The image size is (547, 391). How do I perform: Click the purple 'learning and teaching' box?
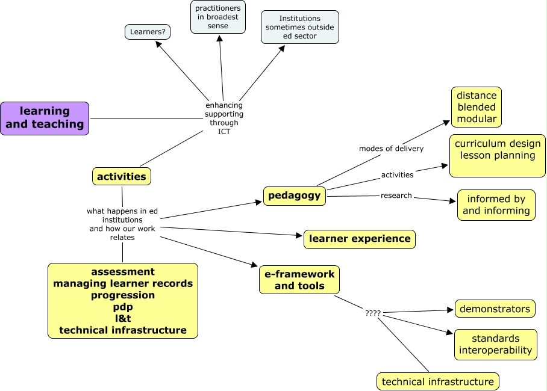tap(45, 118)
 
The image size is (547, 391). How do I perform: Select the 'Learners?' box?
tap(148, 31)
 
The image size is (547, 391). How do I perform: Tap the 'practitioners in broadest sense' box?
tap(218, 17)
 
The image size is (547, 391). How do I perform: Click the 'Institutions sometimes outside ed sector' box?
tap(299, 27)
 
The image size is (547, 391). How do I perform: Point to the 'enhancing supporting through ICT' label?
tap(224, 119)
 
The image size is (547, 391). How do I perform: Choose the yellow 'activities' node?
tap(122, 176)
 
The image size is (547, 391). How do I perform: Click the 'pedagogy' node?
tap(295, 195)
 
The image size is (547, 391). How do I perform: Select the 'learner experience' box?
tap(360, 239)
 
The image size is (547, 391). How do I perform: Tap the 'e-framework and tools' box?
tap(299, 280)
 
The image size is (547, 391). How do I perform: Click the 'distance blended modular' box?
tap(477, 107)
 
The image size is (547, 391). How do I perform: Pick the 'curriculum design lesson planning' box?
tap(498, 155)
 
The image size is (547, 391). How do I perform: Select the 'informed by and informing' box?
tap(496, 205)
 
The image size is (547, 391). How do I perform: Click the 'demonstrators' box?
tap(495, 309)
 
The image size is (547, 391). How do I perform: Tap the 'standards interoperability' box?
tap(496, 344)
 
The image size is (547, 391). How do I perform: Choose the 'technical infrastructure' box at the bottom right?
tap(438, 381)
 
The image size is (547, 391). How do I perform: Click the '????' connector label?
tap(373, 313)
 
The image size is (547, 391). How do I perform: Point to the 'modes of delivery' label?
tap(391, 149)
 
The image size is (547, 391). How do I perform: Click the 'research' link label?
tap(396, 195)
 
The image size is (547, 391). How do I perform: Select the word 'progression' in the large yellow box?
tap(123, 295)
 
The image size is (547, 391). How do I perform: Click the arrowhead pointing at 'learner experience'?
tap(299, 237)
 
